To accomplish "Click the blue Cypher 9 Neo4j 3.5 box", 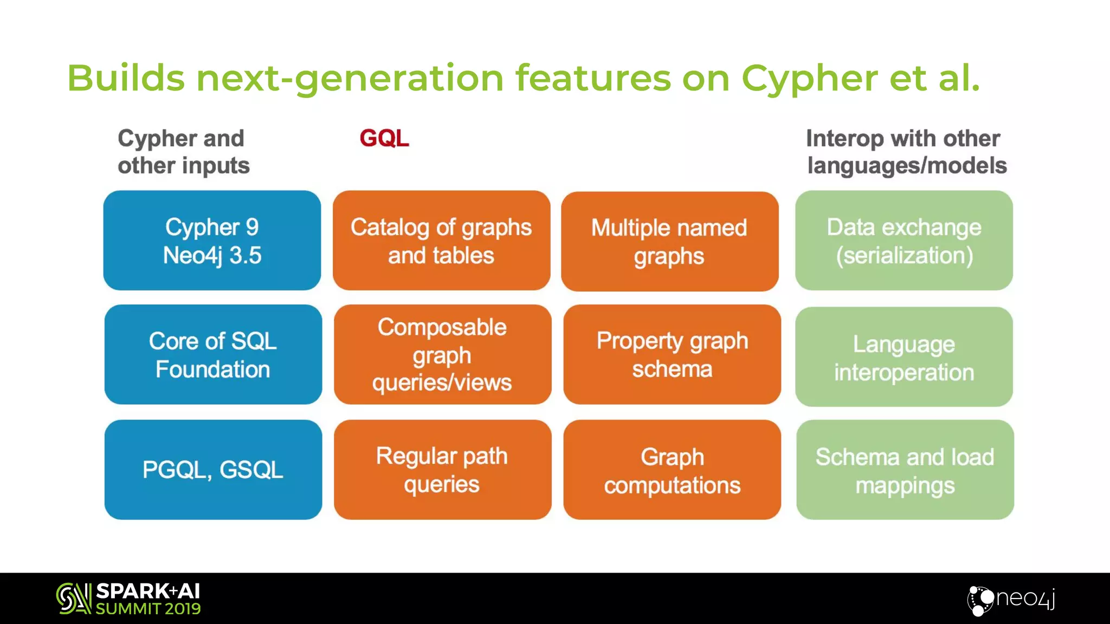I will [212, 240].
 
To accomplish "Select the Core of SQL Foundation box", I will [213, 355].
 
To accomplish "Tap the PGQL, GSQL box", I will [213, 470].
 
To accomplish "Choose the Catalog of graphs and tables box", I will [441, 240].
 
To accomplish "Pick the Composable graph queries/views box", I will [442, 355].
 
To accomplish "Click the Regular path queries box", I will [442, 470].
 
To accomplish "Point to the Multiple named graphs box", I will [669, 242].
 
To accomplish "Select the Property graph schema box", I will [672, 355].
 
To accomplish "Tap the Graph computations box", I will [672, 470].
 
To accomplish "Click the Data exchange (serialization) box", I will [904, 240].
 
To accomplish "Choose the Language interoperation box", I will [904, 357].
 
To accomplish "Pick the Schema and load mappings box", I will [905, 470].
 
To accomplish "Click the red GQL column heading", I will [384, 138].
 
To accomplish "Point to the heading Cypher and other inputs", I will [183, 152].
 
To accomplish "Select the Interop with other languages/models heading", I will [906, 152].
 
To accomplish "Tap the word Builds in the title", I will [126, 78].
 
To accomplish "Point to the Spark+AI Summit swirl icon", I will [73, 599].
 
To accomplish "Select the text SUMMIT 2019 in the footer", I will [148, 609].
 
